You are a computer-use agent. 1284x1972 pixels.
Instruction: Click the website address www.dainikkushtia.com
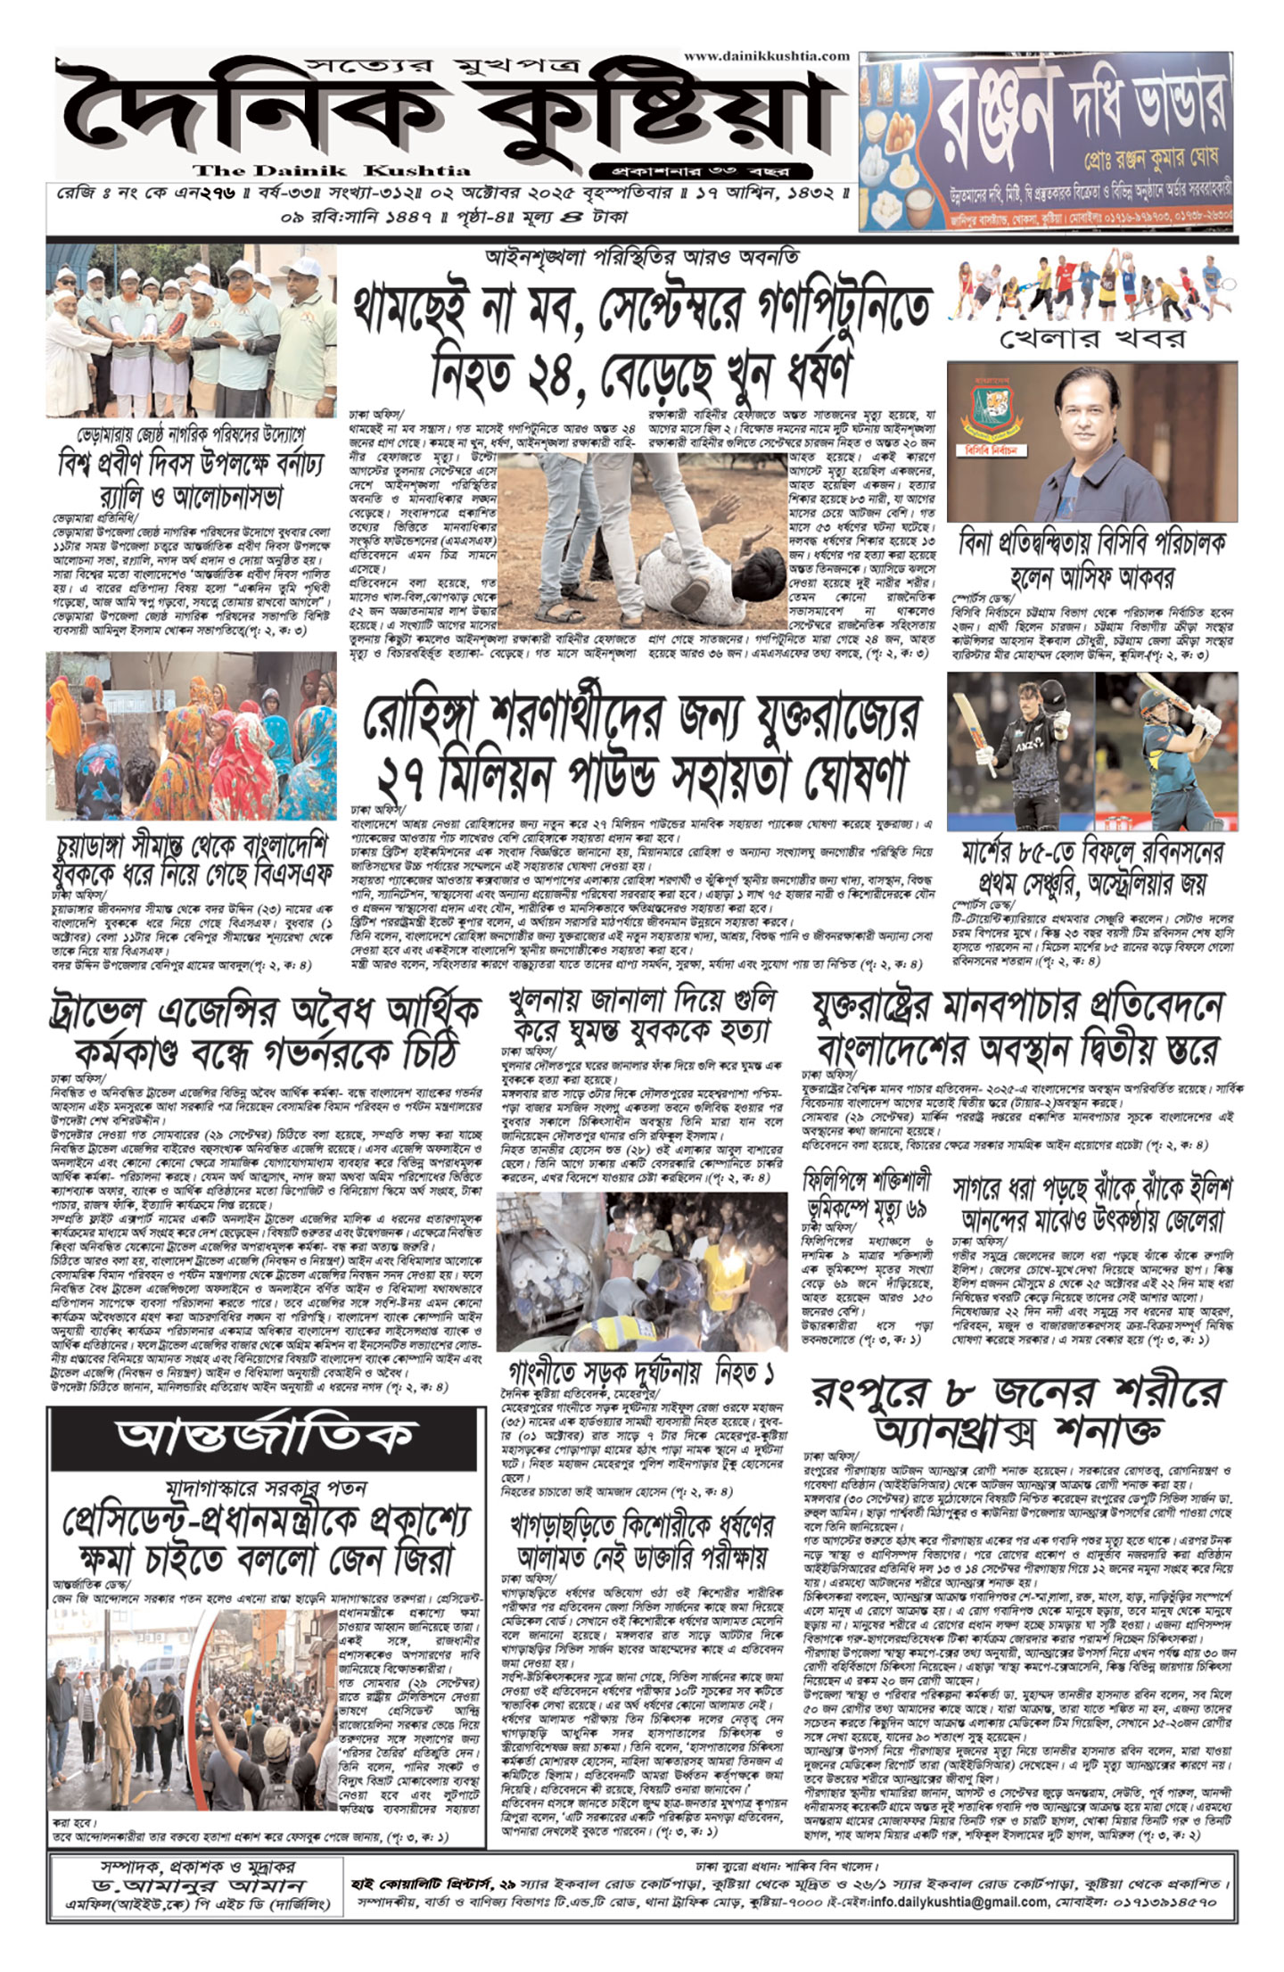(x=767, y=55)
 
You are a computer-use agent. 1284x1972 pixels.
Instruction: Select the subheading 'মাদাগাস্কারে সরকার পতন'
(x=267, y=1487)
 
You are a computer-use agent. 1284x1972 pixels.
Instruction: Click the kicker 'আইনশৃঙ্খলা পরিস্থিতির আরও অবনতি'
(x=642, y=257)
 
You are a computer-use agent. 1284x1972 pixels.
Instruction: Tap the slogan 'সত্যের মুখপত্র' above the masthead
(x=442, y=65)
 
